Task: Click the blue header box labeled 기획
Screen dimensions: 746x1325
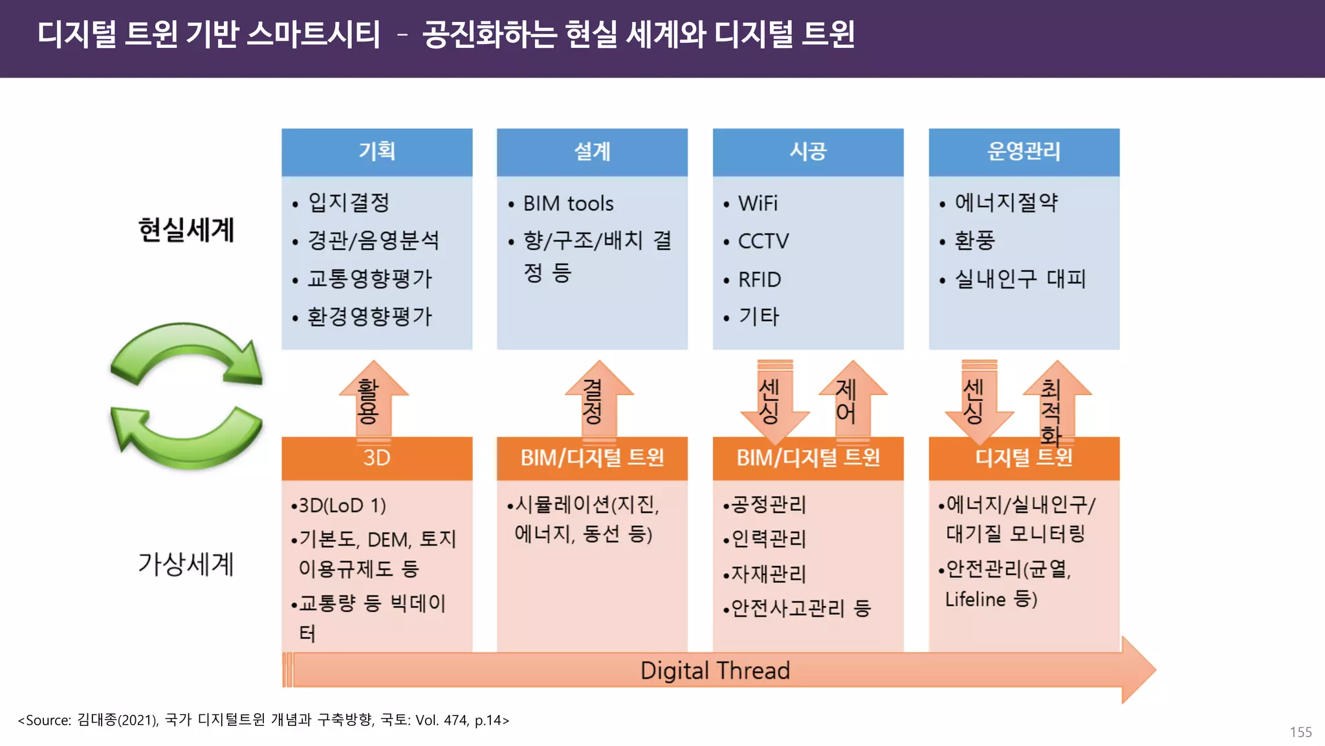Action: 377,152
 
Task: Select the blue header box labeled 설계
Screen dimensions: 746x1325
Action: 592,152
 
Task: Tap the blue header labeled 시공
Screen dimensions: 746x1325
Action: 808,152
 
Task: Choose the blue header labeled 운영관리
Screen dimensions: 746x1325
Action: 1024,152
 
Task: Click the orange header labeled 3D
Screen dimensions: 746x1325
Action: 377,458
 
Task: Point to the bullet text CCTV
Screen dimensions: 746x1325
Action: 763,242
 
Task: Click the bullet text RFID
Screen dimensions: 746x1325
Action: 760,280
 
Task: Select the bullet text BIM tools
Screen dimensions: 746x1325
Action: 568,204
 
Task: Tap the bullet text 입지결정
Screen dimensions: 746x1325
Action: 349,203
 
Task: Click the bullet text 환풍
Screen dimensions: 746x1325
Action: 975,241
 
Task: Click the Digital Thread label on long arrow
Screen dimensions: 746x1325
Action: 715,670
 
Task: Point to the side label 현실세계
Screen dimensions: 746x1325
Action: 186,230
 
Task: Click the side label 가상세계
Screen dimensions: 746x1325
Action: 186,564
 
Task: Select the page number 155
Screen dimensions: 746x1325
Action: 1300,732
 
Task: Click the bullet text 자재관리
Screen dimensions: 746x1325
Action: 769,574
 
